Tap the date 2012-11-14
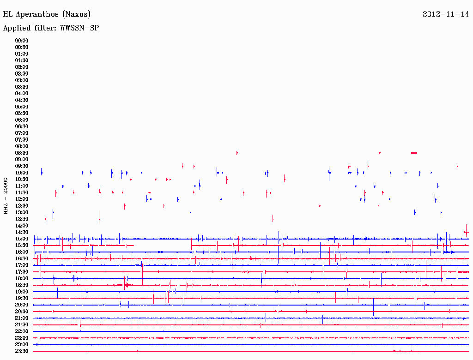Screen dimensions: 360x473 (x=446, y=14)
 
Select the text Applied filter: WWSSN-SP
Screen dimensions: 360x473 (x=51, y=28)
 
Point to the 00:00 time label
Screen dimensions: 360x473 (x=22, y=41)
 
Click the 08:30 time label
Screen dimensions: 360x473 (x=22, y=153)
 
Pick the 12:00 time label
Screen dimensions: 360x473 (x=22, y=199)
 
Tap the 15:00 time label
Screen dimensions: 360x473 (x=22, y=239)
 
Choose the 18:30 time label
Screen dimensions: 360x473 (x=22, y=285)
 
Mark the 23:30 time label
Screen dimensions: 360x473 (x=22, y=351)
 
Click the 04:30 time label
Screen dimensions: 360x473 (x=22, y=100)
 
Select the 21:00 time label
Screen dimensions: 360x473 (x=22, y=318)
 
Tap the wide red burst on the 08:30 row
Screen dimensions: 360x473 (x=414, y=153)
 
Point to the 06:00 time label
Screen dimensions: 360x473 (x=22, y=120)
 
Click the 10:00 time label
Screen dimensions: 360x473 (x=22, y=173)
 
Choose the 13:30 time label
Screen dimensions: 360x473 (x=22, y=219)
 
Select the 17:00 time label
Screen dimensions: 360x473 (x=22, y=265)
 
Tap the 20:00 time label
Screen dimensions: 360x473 (x=22, y=305)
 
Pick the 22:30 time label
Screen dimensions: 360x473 (x=22, y=338)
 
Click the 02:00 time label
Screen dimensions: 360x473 (x=22, y=67)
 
